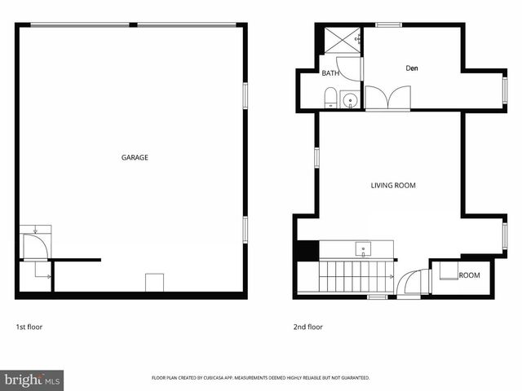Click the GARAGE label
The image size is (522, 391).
point(135,157)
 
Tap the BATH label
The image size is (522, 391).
point(330,73)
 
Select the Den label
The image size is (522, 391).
point(412,68)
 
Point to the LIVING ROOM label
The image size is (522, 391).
point(393,186)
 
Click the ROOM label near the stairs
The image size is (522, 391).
point(469,275)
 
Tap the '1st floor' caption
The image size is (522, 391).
point(29,327)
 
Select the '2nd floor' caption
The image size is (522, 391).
point(308,327)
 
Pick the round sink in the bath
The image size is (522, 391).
point(349,101)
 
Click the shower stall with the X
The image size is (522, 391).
point(342,40)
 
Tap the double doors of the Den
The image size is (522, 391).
point(387,98)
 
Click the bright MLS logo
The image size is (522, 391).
point(32,380)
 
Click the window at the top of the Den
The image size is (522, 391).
point(388,24)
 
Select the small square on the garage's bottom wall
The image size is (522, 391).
point(154,283)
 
